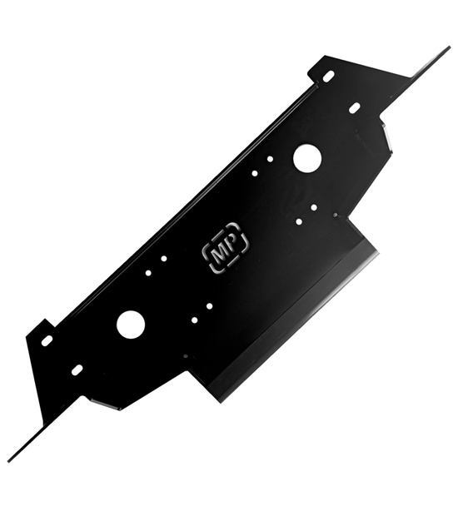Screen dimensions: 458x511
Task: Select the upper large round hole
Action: (307, 158)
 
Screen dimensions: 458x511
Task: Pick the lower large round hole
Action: (131, 325)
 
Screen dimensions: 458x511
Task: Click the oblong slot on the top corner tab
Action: (328, 77)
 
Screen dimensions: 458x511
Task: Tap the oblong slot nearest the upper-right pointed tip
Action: (355, 108)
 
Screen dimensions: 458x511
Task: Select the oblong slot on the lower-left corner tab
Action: (47, 340)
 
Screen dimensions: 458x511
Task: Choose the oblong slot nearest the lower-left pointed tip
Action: (77, 370)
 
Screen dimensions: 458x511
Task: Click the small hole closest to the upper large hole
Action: (270, 159)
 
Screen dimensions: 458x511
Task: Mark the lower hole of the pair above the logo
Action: (255, 173)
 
